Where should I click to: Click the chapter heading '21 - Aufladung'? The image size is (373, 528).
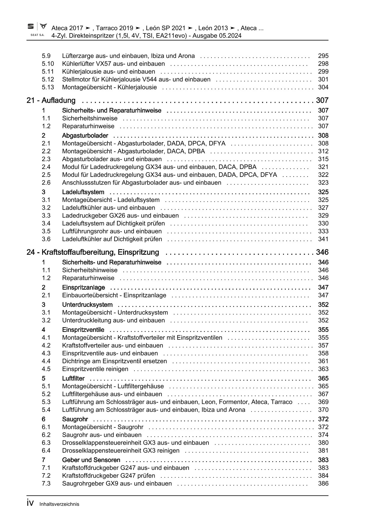51,100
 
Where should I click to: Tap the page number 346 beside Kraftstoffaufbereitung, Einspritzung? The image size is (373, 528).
322,252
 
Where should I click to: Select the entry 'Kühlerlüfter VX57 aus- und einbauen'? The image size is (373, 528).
113,64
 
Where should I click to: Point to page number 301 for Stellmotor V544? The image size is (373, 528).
323,80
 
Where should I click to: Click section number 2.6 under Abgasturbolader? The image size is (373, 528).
46,183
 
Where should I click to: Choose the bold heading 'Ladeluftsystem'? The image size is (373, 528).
83,192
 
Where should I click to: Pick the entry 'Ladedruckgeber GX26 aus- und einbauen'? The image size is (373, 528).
120,216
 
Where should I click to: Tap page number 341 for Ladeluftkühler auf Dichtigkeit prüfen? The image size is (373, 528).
323,239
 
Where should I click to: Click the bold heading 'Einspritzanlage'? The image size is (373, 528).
83,287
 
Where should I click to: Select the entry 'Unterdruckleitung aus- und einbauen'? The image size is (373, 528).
113,320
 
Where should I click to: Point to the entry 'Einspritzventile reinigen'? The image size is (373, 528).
95,369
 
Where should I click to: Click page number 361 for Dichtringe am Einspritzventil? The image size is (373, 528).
323,361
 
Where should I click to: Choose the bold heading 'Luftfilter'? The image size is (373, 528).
73,378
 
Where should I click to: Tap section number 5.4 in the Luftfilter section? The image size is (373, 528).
46,410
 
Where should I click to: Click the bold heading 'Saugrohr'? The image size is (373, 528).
75,419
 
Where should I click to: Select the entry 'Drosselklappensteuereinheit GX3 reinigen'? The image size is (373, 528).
121,451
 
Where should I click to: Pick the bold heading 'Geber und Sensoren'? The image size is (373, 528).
91,460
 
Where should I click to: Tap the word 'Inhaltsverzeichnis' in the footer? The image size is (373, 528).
59,504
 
